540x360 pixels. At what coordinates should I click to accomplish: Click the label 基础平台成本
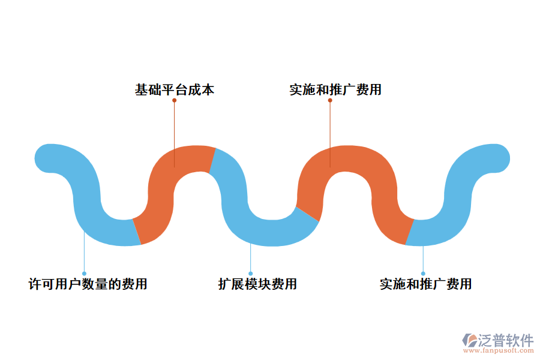click(175, 90)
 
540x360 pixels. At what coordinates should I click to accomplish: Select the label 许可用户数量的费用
click(88, 284)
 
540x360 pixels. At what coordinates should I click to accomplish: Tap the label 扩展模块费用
click(257, 284)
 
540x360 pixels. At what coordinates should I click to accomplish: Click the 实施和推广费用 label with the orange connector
click(335, 90)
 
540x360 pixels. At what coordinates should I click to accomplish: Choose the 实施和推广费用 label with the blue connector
click(425, 284)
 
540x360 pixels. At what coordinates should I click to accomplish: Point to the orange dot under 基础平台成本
click(175, 100)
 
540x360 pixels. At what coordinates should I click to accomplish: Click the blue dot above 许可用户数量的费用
click(84, 274)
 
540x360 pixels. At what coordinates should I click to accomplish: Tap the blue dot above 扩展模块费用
click(251, 274)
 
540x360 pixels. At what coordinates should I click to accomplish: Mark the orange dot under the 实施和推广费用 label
click(330, 100)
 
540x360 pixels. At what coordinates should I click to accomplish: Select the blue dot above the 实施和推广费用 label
click(423, 274)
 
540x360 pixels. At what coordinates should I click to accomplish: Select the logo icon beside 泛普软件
click(469, 340)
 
